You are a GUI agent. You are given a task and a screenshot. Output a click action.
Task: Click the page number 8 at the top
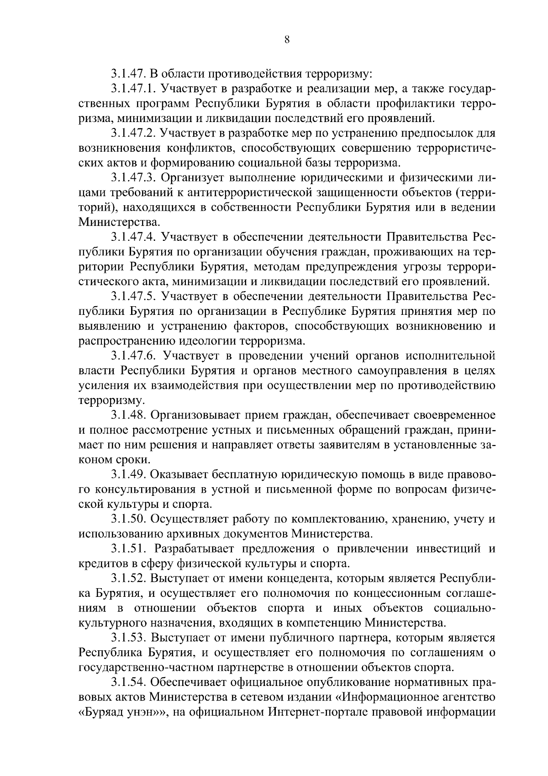pyautogui.click(x=286, y=39)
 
